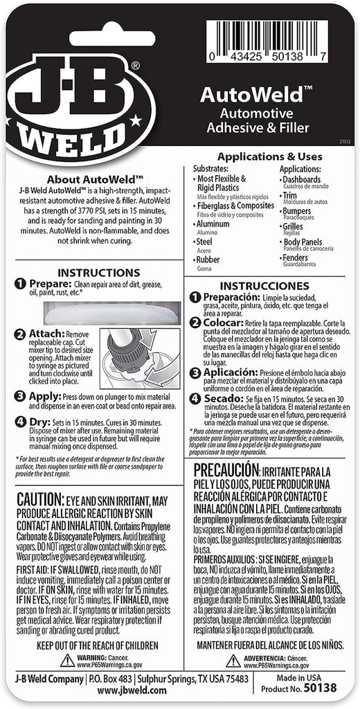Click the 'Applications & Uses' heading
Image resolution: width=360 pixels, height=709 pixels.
[x=269, y=156]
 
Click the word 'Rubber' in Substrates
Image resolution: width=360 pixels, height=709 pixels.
[x=208, y=260]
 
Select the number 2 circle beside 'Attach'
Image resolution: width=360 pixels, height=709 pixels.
[x=20, y=335]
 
